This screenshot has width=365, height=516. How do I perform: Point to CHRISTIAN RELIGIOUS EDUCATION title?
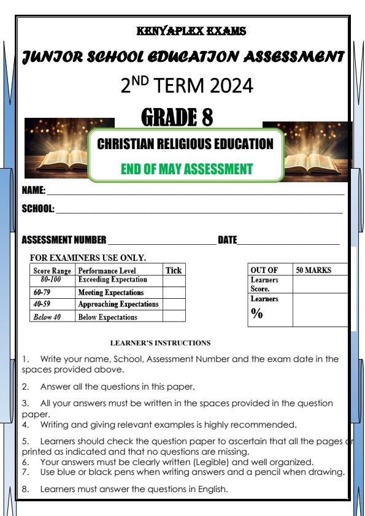coord(185,144)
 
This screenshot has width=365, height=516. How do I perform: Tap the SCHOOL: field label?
coord(37,209)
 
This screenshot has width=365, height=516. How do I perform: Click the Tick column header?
coord(174,270)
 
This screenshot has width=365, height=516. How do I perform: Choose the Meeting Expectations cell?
coord(110,293)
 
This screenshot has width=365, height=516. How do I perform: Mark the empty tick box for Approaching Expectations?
coord(174,304)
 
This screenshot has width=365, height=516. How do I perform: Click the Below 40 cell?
coord(47,317)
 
